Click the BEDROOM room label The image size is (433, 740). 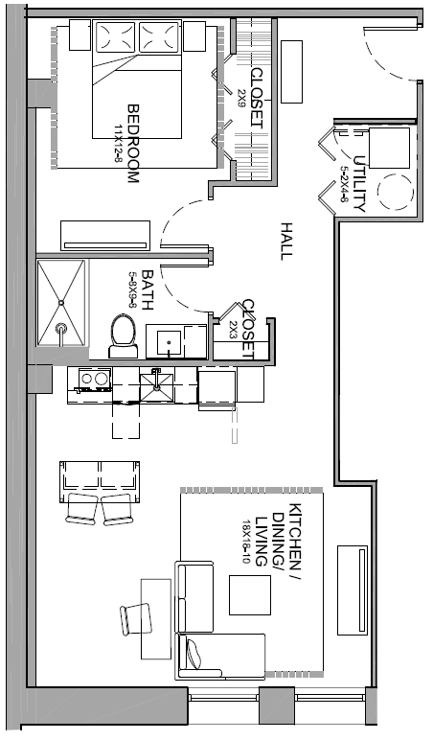pos(133,144)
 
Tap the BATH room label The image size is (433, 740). pos(148,289)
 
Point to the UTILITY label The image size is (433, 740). pos(359,184)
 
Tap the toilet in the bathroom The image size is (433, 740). pos(124,336)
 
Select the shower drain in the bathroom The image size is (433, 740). pos(61,302)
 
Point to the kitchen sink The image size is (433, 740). pos(156,385)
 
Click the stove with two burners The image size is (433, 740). pos(94,381)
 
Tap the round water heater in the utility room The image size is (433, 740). pos(397,192)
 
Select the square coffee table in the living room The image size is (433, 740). pos(250,595)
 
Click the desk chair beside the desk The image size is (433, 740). pos(136,619)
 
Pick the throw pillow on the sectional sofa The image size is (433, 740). pos(194,653)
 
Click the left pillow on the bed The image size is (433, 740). pos(115,36)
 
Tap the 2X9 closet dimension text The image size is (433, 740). pos(241,100)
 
